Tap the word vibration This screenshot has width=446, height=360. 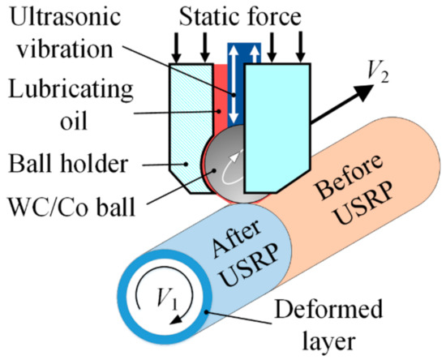coord(66,49)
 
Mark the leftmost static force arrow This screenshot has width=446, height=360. coord(177,49)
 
